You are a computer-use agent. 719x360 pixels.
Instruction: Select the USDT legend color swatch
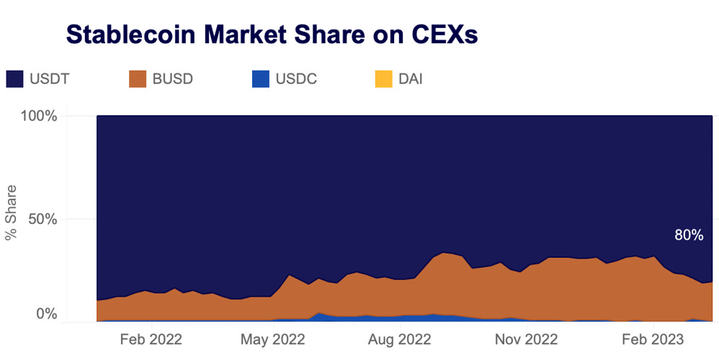pyautogui.click(x=15, y=79)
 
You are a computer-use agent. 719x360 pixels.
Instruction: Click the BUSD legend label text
pyautogui.click(x=172, y=79)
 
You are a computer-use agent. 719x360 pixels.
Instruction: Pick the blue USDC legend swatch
pyautogui.click(x=261, y=79)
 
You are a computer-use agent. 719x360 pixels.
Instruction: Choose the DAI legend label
pyautogui.click(x=410, y=79)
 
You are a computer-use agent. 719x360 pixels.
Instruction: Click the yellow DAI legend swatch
pyautogui.click(x=385, y=79)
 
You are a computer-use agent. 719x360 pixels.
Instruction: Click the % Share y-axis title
pyautogui.click(x=12, y=219)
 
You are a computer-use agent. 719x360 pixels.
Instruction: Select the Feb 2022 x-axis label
pyautogui.click(x=151, y=339)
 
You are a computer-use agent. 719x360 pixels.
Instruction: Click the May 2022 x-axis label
pyautogui.click(x=274, y=339)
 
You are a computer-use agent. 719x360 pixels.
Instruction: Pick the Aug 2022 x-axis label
pyautogui.click(x=400, y=339)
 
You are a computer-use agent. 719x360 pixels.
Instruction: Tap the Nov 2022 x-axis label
pyautogui.click(x=527, y=339)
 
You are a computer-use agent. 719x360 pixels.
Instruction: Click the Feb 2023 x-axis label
pyautogui.click(x=653, y=339)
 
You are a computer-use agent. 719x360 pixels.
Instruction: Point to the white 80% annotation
pyautogui.click(x=688, y=235)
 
